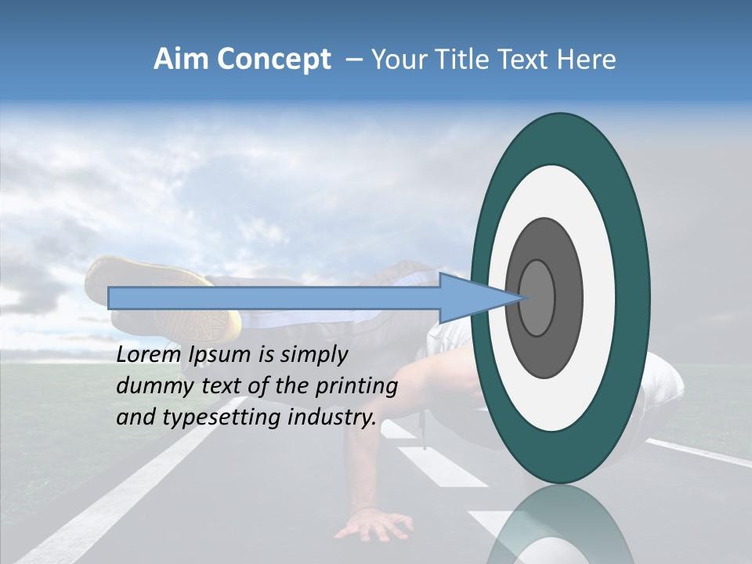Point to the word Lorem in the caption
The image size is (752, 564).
149,355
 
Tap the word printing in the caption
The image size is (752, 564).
357,386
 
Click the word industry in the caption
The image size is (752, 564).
332,418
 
